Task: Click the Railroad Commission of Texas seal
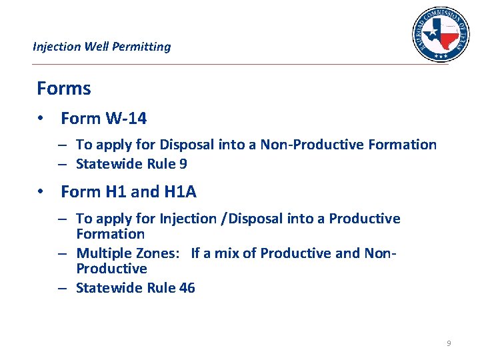point(440,34)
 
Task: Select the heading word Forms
point(64,88)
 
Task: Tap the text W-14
point(126,119)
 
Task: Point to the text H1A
point(180,192)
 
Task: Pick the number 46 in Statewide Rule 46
point(187,288)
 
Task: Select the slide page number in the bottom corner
point(449,343)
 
